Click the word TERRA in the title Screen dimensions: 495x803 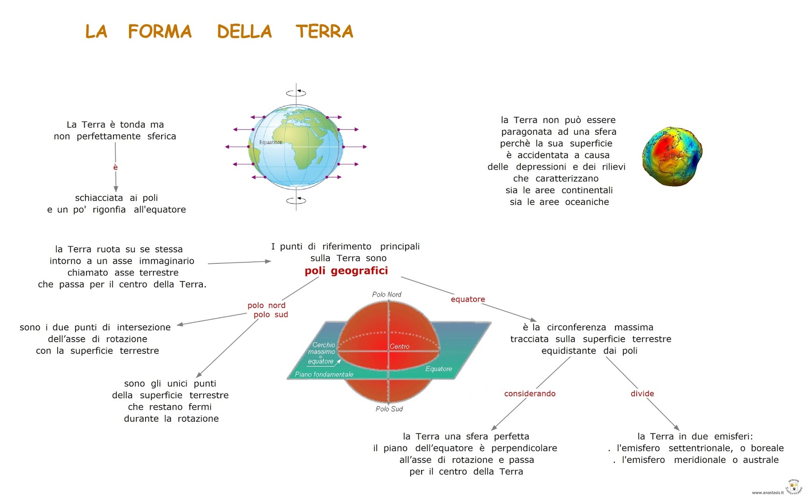tap(324, 32)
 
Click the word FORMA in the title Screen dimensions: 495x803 tap(160, 32)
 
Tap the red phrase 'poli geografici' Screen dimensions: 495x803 tap(346, 271)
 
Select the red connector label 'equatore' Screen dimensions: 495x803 tap(468, 299)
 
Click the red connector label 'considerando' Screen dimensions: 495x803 tap(529, 394)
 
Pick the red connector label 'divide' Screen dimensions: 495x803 tap(642, 394)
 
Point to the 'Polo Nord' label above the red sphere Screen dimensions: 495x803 tap(386, 294)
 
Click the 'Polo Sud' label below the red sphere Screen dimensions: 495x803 tap(389, 409)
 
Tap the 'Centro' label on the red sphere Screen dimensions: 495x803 tap(399, 347)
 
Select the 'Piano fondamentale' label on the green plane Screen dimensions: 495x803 tap(324, 374)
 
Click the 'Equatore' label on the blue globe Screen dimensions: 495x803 tap(271, 142)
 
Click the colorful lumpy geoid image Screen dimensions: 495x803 tap(672, 156)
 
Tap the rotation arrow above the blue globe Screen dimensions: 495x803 tap(296, 93)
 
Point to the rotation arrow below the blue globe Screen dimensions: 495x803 tap(296, 201)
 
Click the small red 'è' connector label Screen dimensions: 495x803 tap(115, 167)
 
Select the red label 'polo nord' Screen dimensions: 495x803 tap(266, 305)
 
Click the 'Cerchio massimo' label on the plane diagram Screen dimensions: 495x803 tap(323, 348)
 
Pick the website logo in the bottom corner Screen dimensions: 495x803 tap(793, 486)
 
